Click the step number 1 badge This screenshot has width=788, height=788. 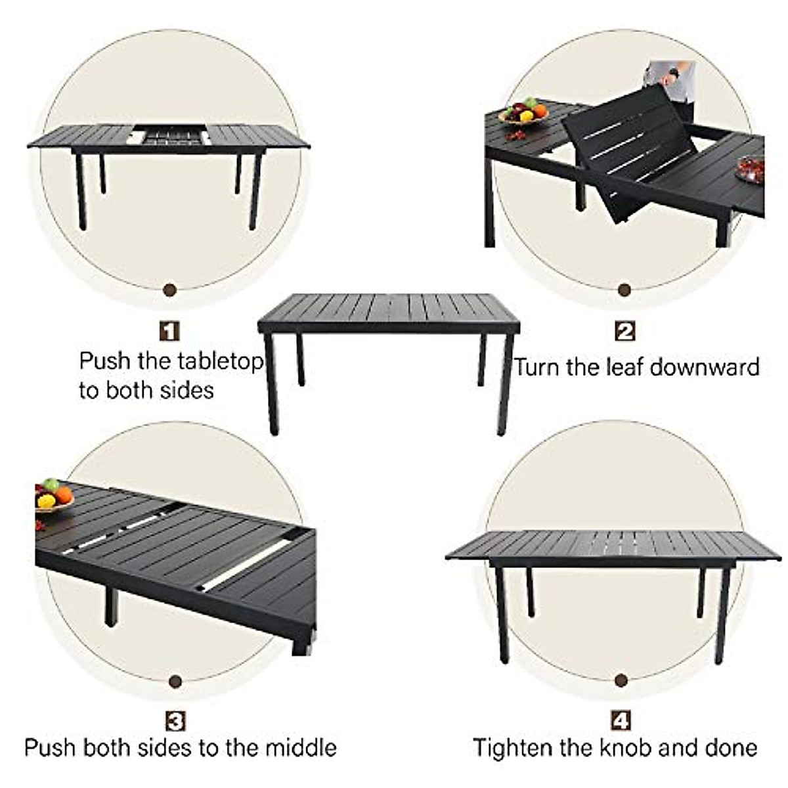pos(170,330)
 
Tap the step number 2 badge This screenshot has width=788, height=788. pos(624,331)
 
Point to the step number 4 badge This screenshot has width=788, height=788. pos(621,721)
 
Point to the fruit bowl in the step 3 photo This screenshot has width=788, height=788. pos(53,497)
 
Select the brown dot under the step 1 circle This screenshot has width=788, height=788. pos(171,289)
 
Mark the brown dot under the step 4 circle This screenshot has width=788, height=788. pos(621,680)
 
